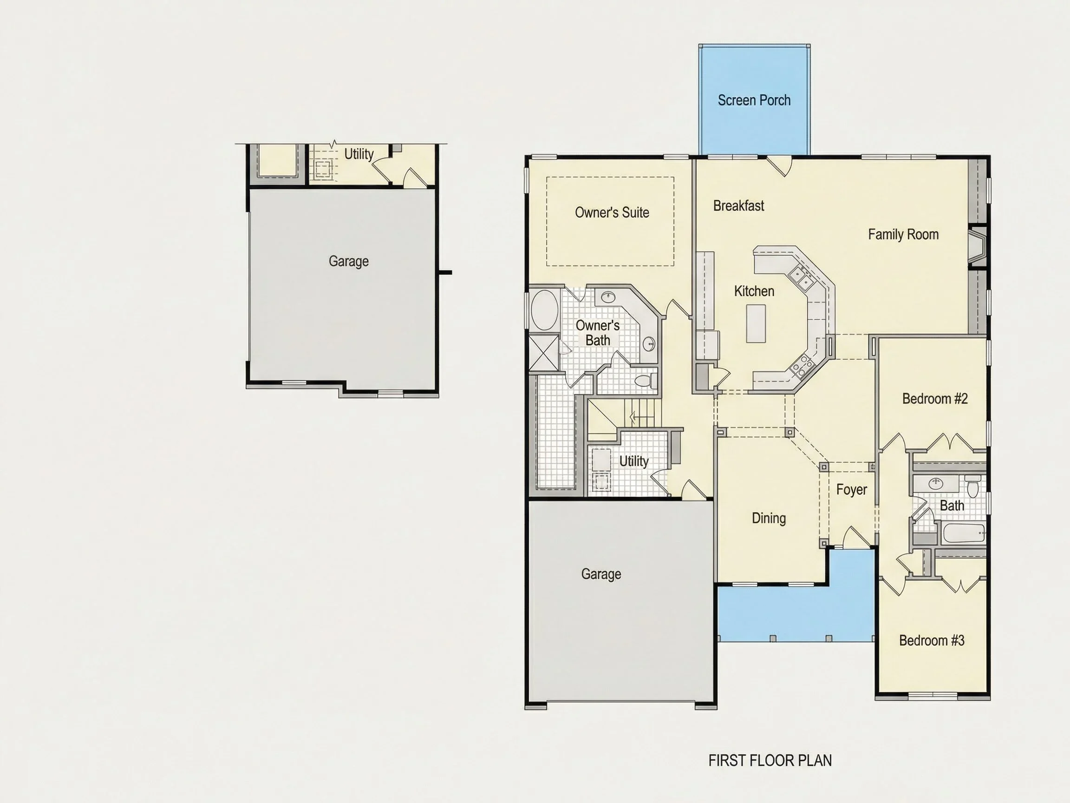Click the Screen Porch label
tap(754, 100)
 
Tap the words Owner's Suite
tap(612, 212)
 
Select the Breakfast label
tap(739, 206)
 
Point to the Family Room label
tap(903, 234)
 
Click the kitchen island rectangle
tap(756, 323)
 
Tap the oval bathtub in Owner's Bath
tap(545, 310)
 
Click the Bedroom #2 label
tap(935, 398)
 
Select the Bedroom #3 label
tap(932, 640)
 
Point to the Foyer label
tap(851, 489)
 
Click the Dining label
tap(769, 518)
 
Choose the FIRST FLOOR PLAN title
tap(770, 760)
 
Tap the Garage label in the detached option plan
tap(348, 261)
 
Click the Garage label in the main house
tap(601, 574)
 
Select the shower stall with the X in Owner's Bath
tap(544, 353)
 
